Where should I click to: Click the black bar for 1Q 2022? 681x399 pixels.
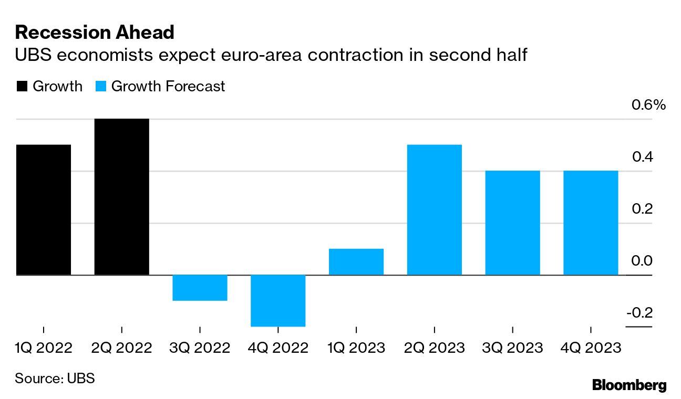pos(43,209)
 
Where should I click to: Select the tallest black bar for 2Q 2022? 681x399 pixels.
pos(121,197)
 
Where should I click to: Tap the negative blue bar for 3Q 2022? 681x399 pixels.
pos(200,288)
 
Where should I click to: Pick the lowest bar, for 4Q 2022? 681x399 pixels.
pos(278,300)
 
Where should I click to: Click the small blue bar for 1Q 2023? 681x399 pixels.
pos(356,261)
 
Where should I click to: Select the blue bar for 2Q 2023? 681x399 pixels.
pos(434,209)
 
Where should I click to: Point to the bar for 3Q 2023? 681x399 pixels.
pos(512,223)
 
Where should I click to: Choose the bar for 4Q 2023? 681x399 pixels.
pos(591,223)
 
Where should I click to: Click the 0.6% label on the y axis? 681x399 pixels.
pos(647,105)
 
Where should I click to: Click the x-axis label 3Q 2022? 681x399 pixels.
pos(200,348)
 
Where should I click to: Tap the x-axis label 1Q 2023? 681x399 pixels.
pos(356,348)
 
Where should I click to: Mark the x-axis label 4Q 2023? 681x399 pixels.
pos(591,348)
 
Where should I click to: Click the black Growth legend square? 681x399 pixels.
pos(22,87)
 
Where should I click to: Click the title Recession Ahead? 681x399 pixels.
pos(95,33)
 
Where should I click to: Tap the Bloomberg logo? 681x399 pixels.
pos(629,385)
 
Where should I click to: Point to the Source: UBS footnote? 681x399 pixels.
pos(55,378)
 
